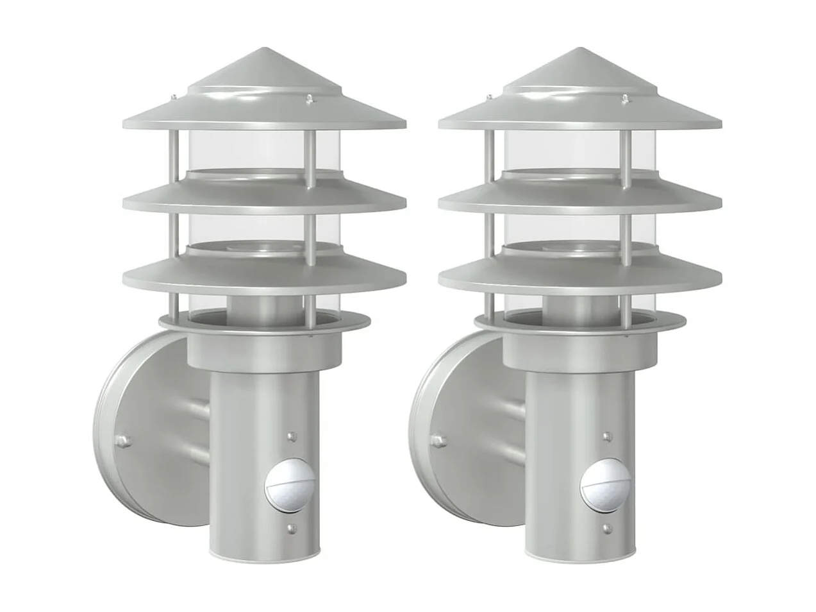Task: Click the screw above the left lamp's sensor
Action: pyautogui.click(x=293, y=436)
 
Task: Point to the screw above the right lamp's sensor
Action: pyautogui.click(x=606, y=436)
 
